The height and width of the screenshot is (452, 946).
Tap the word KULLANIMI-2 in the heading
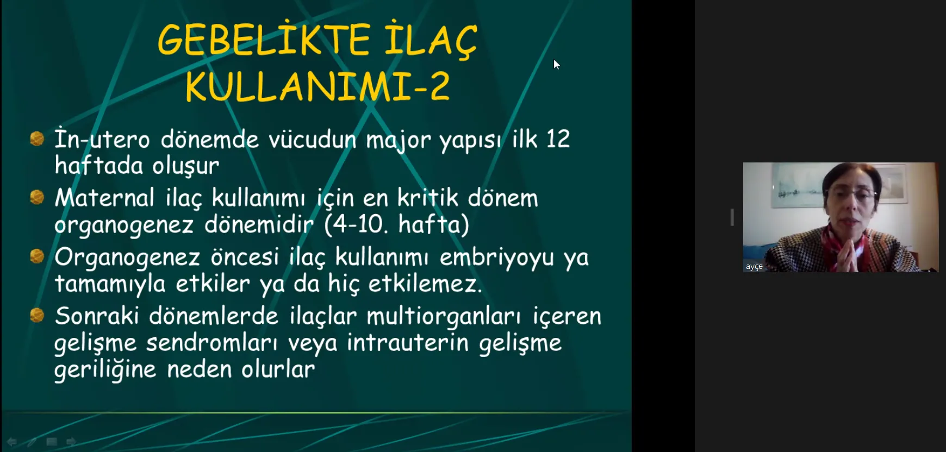[318, 86]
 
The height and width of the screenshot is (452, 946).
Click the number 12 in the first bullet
[558, 139]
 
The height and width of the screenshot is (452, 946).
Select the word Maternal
[104, 197]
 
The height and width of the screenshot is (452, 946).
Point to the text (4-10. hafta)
[396, 224]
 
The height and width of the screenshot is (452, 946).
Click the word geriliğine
[105, 370]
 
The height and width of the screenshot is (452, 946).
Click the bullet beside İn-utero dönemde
[37, 139]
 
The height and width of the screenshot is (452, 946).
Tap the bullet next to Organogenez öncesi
[37, 256]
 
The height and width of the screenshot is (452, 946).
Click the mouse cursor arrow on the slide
[556, 65]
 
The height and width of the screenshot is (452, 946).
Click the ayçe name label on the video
[754, 267]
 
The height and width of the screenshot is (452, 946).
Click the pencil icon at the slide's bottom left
[32, 442]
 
